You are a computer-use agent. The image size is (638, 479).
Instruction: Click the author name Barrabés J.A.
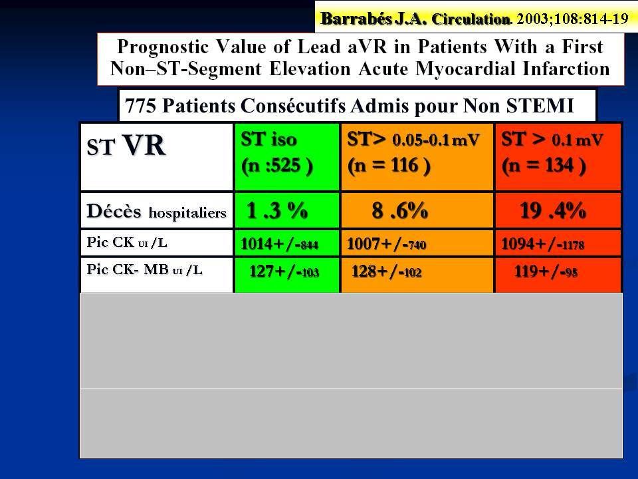click(x=373, y=19)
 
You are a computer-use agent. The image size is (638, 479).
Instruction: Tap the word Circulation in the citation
click(x=471, y=19)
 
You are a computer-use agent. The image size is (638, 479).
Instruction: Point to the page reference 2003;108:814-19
click(x=572, y=19)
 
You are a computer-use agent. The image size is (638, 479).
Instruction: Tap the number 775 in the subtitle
click(x=140, y=106)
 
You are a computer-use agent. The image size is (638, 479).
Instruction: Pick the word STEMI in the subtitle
click(x=540, y=106)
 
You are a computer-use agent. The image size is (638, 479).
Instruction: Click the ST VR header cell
click(x=157, y=157)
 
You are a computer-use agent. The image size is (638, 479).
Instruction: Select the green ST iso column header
click(x=287, y=157)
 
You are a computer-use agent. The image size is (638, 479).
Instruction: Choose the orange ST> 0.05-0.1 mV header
click(x=417, y=157)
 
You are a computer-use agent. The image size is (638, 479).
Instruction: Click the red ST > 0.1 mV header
click(x=558, y=157)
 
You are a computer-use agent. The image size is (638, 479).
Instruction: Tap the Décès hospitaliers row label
click(x=156, y=212)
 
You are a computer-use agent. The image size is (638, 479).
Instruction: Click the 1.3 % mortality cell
click(x=277, y=211)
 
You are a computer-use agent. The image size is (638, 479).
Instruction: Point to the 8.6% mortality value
click(x=399, y=211)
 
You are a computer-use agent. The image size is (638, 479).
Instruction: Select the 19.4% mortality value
click(x=553, y=211)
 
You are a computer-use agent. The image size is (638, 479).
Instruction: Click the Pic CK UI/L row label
click(x=126, y=242)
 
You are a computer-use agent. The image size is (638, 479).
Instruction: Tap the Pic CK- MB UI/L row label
click(x=144, y=269)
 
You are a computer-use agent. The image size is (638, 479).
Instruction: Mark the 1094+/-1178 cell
click(x=542, y=244)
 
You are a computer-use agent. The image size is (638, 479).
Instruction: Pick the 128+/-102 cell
click(x=387, y=271)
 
